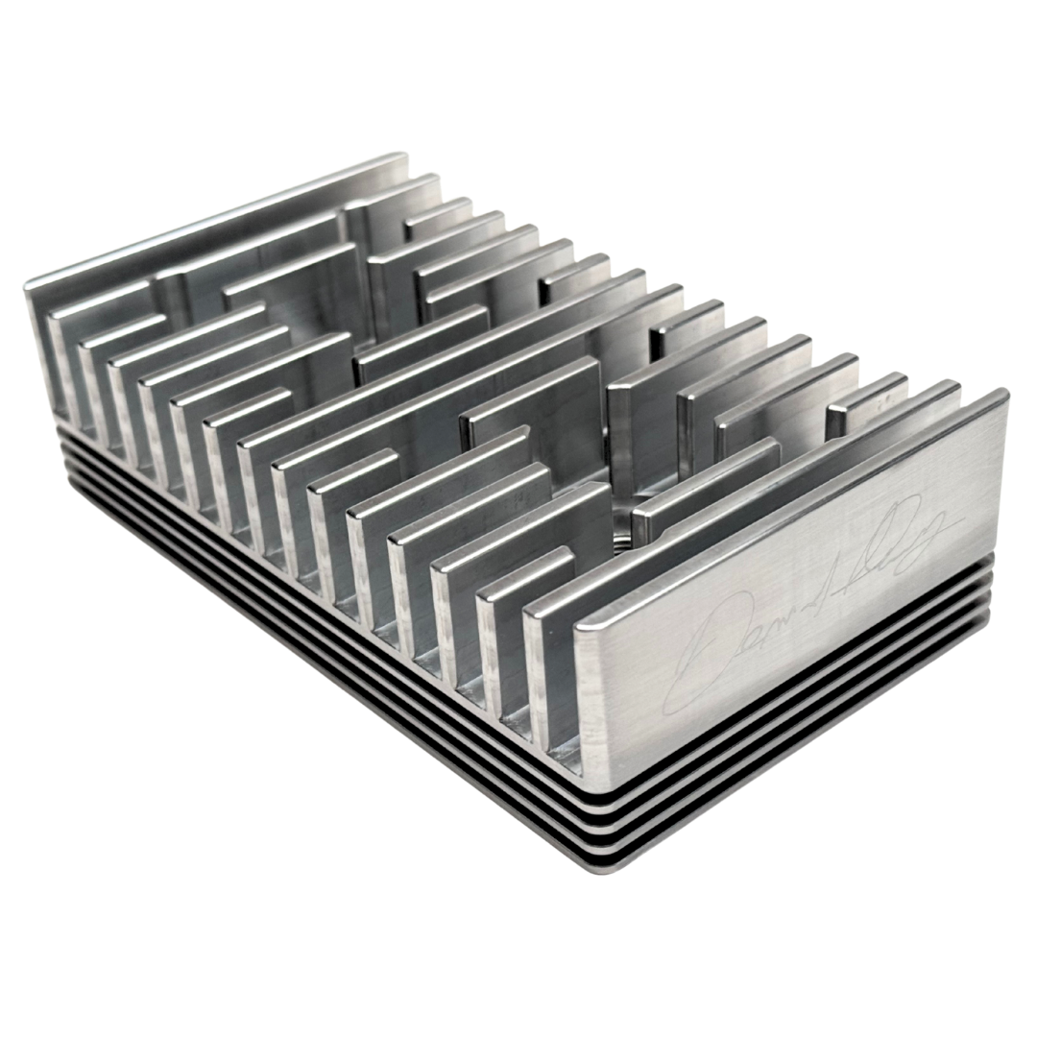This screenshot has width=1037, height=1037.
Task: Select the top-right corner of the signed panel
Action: [1002, 393]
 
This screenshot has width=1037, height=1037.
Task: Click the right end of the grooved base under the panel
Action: [989, 600]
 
